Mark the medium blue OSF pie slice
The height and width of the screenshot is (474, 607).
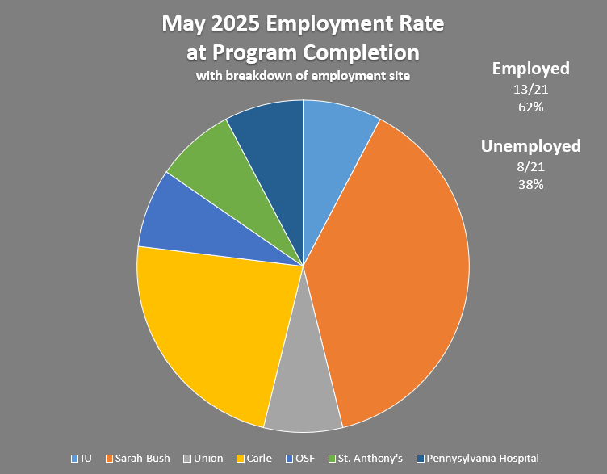pyautogui.click(x=165, y=218)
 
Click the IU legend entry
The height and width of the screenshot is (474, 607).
pyautogui.click(x=82, y=459)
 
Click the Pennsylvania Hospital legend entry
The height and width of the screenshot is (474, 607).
pyautogui.click(x=477, y=459)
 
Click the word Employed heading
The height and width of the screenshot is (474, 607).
pyautogui.click(x=531, y=69)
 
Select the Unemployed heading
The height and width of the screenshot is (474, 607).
pyautogui.click(x=531, y=146)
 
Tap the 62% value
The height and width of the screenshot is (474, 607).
pyautogui.click(x=531, y=107)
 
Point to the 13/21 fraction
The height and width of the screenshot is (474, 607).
pyautogui.click(x=531, y=89)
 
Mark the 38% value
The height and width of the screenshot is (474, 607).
pyautogui.click(x=531, y=184)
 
